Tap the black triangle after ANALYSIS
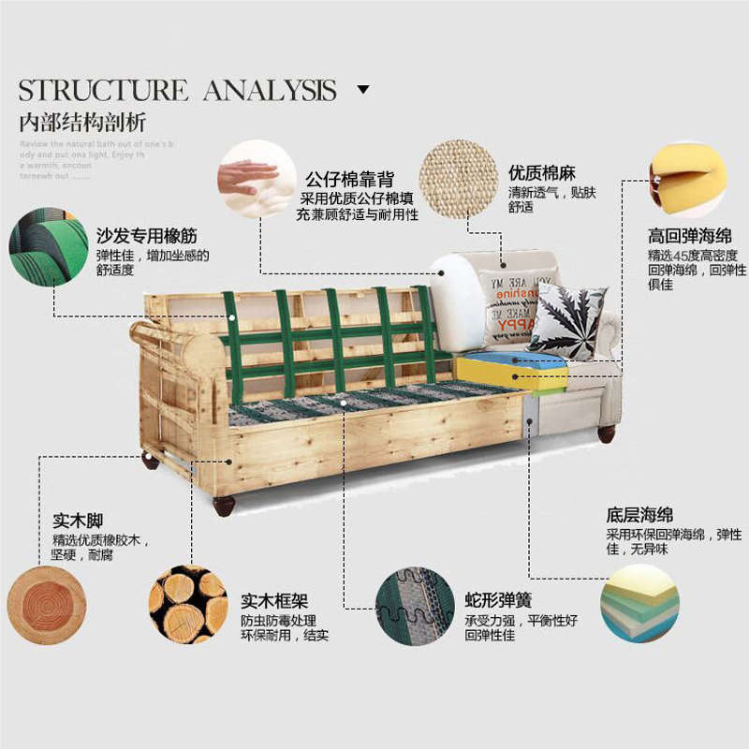tap(363, 90)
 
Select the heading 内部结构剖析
tap(82, 123)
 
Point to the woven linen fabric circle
tap(458, 179)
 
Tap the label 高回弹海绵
tap(690, 235)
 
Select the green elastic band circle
tap(48, 247)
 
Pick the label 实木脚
tap(78, 521)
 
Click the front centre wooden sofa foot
tap(224, 506)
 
